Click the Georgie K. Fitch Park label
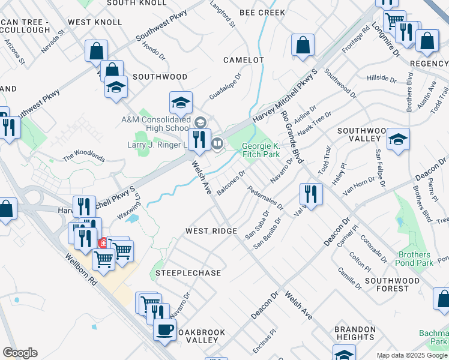click(261, 150)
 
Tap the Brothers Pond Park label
click(415, 259)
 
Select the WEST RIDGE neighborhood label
click(211, 231)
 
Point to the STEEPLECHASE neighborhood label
click(188, 273)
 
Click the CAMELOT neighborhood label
click(243, 60)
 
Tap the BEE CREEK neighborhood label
click(262, 12)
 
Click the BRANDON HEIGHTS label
click(355, 334)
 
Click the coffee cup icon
click(164, 328)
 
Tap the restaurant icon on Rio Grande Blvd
click(311, 193)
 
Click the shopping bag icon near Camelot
click(303, 44)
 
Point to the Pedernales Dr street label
click(265, 197)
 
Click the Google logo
click(20, 353)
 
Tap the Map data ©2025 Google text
click(412, 355)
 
